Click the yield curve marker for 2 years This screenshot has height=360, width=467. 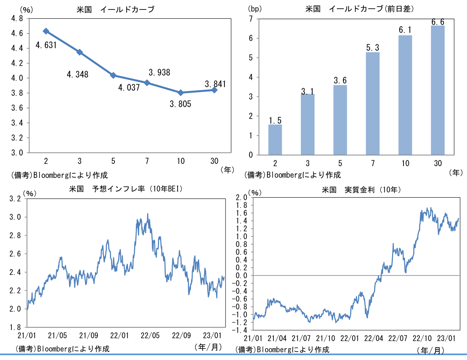coord(46,31)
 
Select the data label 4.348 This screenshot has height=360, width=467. coord(77,75)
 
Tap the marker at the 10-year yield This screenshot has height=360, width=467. coord(181,93)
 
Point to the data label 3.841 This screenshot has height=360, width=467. coord(215,84)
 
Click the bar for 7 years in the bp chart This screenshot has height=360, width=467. coord(372,103)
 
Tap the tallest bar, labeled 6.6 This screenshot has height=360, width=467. coord(437,90)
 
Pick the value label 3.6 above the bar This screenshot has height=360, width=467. coord(340,81)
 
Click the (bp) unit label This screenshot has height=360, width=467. coord(255,8)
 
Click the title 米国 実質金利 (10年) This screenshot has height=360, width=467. coord(361,189)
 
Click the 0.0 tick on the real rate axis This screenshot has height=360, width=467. coord(242,276)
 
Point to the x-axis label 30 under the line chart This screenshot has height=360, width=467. coord(214,161)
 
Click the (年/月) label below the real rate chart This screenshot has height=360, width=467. coord(430,350)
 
